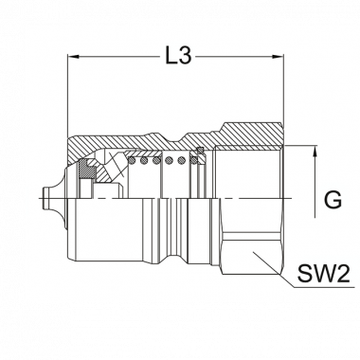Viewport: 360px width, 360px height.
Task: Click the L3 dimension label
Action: [179, 57]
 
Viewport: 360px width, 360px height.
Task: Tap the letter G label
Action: [333, 200]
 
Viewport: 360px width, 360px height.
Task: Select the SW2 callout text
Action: [324, 274]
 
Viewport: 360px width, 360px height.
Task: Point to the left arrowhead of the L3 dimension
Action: [73, 57]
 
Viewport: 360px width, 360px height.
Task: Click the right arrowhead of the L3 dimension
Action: [279, 57]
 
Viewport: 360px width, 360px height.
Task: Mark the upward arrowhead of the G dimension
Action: [315, 151]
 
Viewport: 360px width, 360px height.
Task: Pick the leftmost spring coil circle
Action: [133, 161]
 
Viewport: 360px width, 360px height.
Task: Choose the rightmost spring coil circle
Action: [193, 161]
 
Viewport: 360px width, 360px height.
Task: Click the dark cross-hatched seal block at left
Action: [85, 170]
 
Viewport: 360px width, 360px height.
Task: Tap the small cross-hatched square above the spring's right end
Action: [200, 150]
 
